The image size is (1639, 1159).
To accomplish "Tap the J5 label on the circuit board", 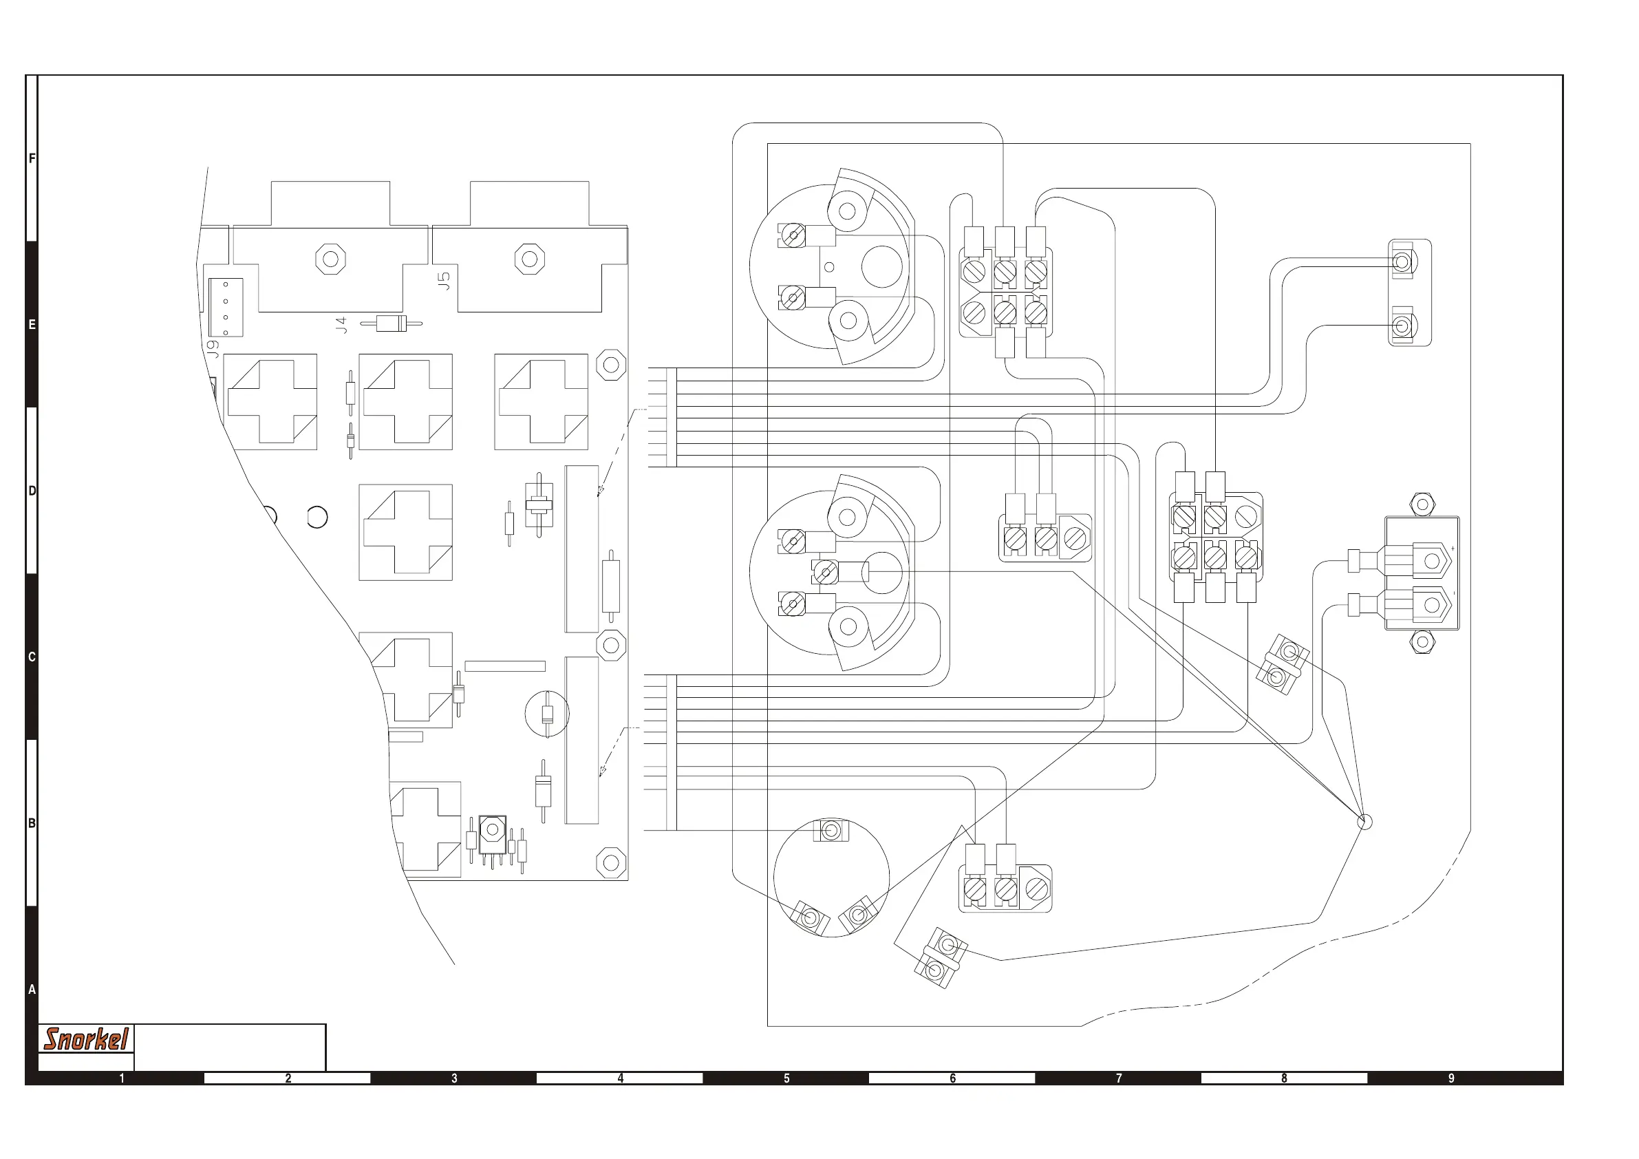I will pos(444,281).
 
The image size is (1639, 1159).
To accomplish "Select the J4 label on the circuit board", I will pos(342,325).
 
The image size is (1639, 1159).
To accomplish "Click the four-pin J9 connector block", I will pos(226,308).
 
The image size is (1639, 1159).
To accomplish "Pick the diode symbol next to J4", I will pos(392,323).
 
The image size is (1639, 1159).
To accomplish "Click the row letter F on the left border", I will pos(32,158).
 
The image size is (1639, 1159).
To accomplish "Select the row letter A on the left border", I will pos(32,990).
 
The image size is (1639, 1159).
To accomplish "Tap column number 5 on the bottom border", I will pos(786,1078).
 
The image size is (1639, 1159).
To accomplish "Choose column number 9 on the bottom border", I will pos(1451,1078).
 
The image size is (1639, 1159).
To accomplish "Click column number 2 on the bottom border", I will pos(288,1078).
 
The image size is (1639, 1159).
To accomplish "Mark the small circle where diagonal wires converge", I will pos(1364,822).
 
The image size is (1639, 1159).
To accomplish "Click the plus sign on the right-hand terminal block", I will pos(1453,549).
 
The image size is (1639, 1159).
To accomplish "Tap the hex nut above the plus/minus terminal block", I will pos(1423,504).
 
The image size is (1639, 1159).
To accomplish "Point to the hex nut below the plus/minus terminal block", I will pos(1423,642).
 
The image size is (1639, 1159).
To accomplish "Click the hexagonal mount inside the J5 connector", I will pos(530,259).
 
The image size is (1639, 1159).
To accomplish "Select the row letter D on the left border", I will pos(32,491).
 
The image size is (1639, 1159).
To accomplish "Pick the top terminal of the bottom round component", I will pos(831,831).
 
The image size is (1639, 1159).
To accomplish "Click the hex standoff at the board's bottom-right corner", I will pos(611,862).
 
